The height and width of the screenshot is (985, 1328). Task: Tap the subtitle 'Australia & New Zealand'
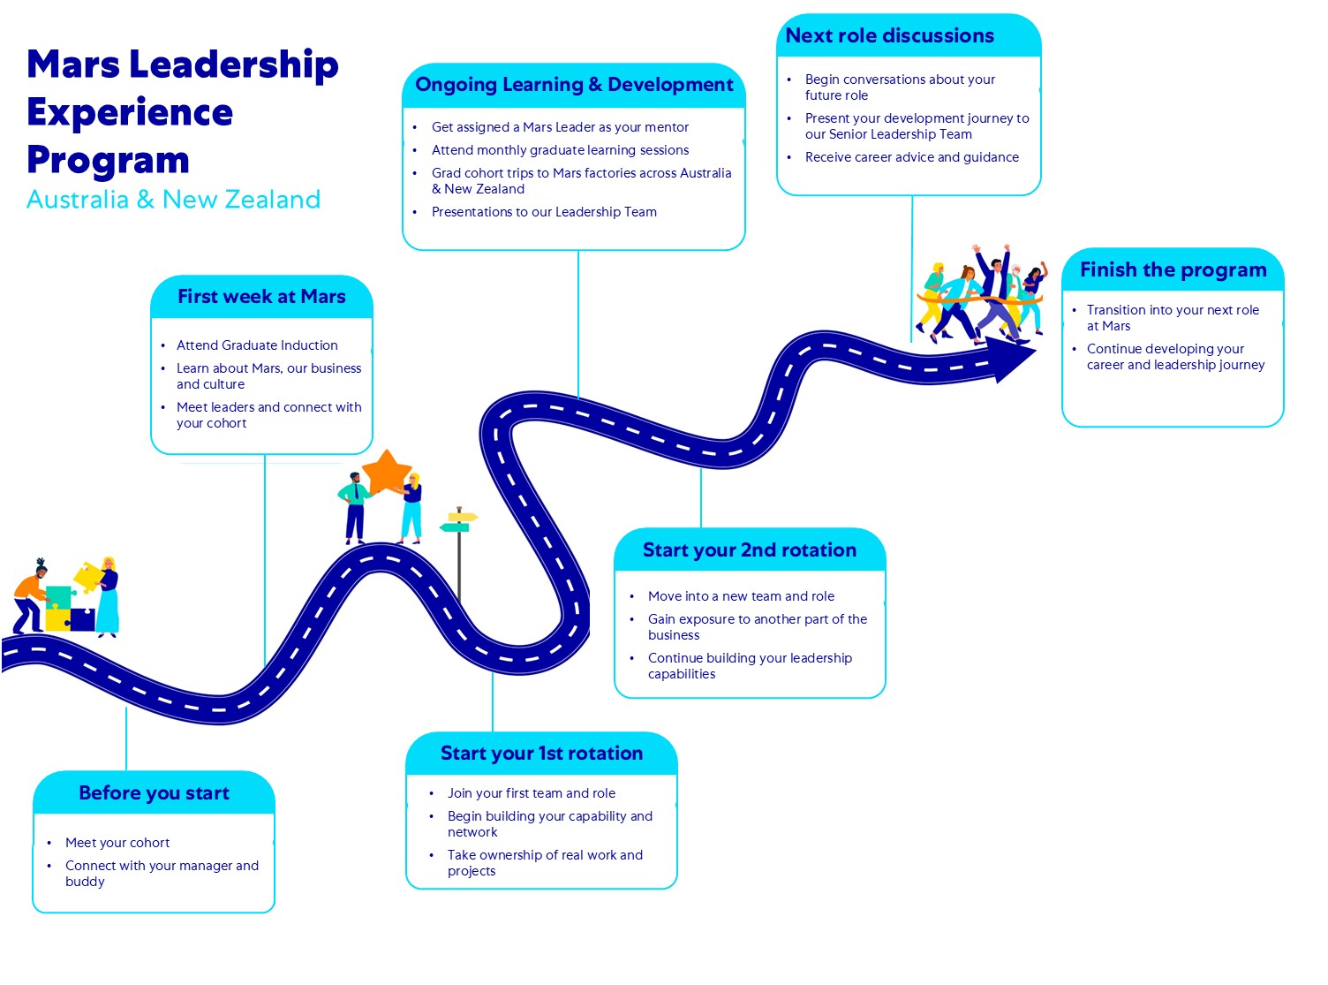173,200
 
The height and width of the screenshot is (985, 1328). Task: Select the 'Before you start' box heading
154,793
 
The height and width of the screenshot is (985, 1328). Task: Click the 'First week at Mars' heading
261,297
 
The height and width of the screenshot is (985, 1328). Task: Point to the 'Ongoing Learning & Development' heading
574,85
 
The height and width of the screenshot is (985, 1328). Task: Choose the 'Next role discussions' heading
889,36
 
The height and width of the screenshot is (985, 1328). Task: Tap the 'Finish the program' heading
1173,270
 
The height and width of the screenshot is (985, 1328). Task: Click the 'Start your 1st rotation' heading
541,754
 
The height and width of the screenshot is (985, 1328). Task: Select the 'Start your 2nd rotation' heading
749,550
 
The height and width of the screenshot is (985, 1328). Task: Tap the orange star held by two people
387,472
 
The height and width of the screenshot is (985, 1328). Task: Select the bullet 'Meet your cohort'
117,843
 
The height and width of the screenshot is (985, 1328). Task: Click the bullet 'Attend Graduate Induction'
257,345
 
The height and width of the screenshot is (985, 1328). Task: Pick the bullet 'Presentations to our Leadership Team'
544,212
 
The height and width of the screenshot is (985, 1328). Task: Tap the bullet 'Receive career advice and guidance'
911,157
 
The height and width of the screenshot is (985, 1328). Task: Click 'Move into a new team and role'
741,596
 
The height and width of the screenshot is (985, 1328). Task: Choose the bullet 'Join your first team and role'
532,793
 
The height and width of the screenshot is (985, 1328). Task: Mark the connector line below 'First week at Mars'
265,557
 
